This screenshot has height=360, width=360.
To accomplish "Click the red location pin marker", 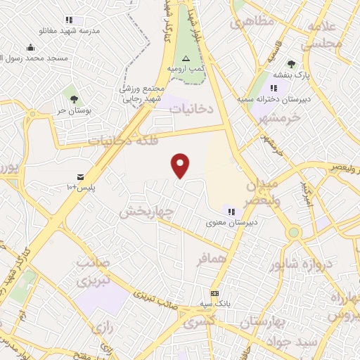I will click(181, 165).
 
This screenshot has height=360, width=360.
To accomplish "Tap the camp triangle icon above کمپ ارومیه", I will click(186, 58).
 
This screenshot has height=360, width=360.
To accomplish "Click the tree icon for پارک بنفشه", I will click(291, 64).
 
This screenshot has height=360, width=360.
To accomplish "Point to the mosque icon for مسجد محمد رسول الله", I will click(30, 48).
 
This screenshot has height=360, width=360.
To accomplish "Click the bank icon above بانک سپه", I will click(214, 293).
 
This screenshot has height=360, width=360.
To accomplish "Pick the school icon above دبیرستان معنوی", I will click(231, 212).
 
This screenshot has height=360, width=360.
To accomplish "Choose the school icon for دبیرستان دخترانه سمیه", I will click(274, 88).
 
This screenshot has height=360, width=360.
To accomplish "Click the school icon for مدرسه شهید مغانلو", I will click(68, 20).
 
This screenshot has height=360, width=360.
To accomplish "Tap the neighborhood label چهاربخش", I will click(146, 212).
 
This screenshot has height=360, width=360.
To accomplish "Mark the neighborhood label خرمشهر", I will click(279, 118).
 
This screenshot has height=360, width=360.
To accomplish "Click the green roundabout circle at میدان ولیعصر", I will click(294, 232).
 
